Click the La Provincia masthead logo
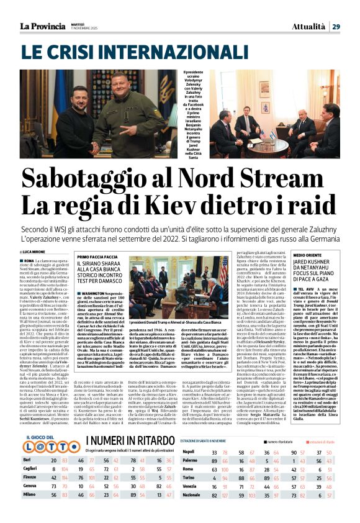[42, 25]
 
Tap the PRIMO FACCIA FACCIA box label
[99, 257]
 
